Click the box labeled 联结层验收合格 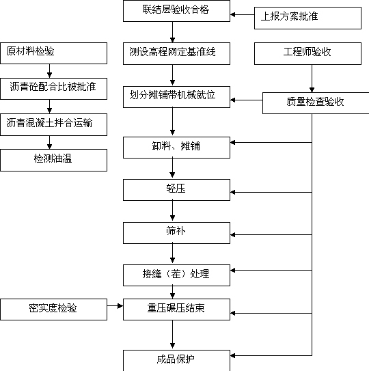point(176,11)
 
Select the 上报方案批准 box point(307,18)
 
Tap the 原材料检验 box point(54,53)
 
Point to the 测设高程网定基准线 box point(176,53)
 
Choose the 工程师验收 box point(307,53)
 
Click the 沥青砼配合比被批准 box point(54,89)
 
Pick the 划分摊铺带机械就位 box point(176,97)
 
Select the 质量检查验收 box point(316,103)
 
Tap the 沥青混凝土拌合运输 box point(54,125)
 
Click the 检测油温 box point(54,160)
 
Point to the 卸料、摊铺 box point(176,148)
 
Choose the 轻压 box point(176,190)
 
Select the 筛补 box point(176,233)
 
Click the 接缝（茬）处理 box point(176,275)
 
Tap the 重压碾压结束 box point(176,310)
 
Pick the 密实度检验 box point(54,310)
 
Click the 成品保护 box point(176,361)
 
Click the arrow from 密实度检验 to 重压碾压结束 point(115,306)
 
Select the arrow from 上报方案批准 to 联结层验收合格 point(242,14)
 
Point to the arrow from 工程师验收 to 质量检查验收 point(312,79)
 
